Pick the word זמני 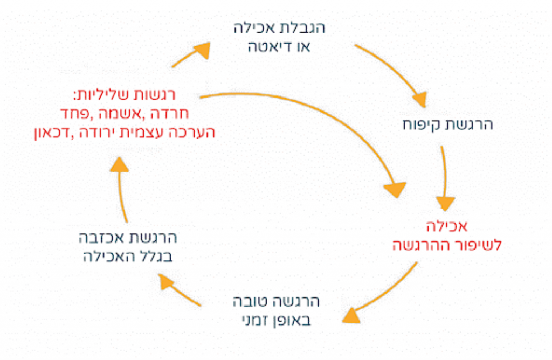pyautogui.click(x=251, y=320)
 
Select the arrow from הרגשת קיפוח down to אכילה pyautogui.click(x=445, y=178)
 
